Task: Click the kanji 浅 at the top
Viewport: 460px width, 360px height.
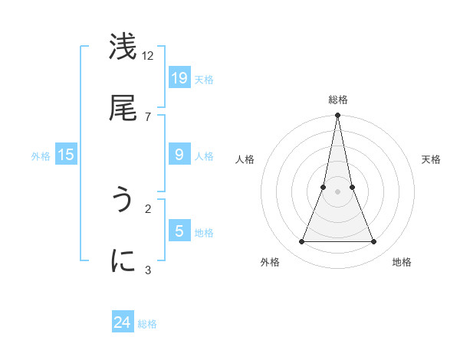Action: click(123, 47)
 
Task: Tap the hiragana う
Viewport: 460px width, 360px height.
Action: click(123, 201)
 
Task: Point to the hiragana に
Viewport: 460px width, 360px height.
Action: click(123, 261)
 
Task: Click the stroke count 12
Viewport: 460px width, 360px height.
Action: click(148, 55)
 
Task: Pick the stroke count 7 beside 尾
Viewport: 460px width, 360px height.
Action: click(148, 116)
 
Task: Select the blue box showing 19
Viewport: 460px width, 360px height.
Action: click(179, 78)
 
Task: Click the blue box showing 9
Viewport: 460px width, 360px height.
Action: click(179, 155)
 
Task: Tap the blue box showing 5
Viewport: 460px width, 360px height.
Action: click(179, 231)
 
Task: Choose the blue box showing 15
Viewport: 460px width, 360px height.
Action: click(66, 155)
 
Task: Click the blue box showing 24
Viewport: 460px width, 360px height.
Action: click(123, 322)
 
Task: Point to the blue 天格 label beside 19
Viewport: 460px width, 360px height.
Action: click(204, 79)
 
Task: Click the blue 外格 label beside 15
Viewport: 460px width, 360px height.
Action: click(41, 155)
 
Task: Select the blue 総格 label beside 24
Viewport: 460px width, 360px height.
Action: click(147, 324)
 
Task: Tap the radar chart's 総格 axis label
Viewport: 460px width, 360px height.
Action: click(337, 100)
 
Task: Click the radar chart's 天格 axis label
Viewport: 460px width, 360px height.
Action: click(432, 159)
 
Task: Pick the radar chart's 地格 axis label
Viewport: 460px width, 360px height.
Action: click(402, 262)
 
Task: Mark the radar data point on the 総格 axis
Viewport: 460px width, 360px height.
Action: click(337, 116)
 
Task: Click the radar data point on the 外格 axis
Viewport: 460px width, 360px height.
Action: click(301, 242)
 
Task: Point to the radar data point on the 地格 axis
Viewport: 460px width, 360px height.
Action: click(373, 242)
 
